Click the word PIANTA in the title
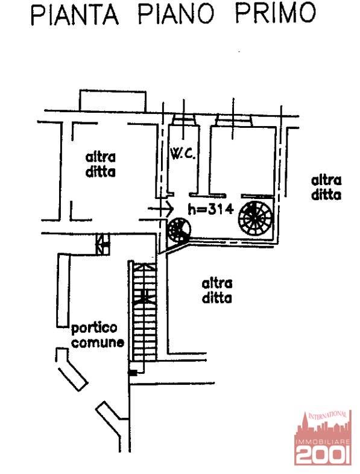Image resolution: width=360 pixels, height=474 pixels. tap(75, 14)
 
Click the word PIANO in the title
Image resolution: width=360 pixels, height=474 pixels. tap(176, 14)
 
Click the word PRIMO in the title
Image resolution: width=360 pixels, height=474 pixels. tap(276, 14)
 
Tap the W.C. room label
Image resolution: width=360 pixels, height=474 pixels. tap(183, 155)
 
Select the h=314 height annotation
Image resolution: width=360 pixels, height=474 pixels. tap(210, 209)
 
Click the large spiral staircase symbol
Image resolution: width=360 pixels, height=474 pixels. tap(256, 218)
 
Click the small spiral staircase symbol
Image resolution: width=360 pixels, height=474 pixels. tap(179, 230)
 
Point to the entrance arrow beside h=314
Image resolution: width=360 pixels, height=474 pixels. tap(160, 208)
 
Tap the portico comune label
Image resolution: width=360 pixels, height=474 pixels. tap(97, 335)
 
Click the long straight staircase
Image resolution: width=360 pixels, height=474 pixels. tap(144, 311)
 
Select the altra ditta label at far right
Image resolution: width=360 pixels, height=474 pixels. tap(326, 188)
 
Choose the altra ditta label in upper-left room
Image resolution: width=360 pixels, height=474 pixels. tap(100, 165)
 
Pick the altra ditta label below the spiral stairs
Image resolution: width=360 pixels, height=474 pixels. tap(216, 291)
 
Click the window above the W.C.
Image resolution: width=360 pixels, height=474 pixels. tap(185, 120)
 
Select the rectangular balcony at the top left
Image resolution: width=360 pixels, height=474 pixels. tap(113, 100)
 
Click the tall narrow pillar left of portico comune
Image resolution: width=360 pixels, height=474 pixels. tap(63, 290)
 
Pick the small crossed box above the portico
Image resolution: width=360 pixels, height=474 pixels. tap(103, 244)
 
